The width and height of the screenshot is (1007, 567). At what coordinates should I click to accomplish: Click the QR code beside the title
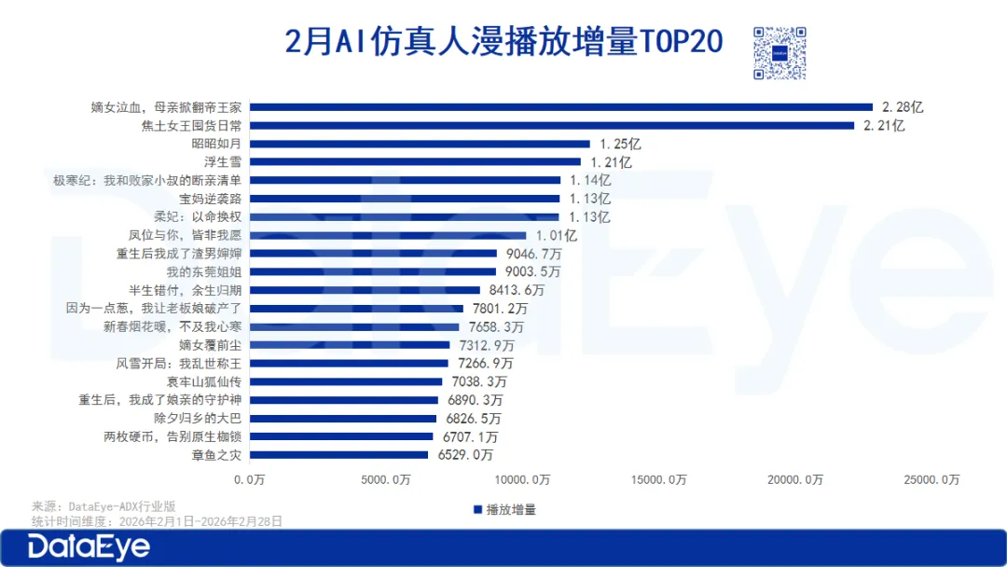click(x=779, y=53)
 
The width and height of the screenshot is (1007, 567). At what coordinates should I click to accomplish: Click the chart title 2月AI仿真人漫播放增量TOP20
click(x=504, y=42)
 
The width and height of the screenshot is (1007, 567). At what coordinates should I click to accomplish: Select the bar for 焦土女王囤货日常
click(x=551, y=125)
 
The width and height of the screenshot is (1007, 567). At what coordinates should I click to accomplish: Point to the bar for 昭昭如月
click(x=420, y=144)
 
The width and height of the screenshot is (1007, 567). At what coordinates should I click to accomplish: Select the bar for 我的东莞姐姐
click(x=373, y=271)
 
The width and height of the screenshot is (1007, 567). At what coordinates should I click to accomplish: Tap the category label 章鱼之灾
click(x=216, y=454)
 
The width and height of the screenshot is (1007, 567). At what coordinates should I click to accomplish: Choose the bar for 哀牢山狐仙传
click(x=346, y=381)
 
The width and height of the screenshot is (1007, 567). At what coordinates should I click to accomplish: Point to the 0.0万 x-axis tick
click(x=250, y=479)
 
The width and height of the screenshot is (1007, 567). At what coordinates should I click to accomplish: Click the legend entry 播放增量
click(x=504, y=509)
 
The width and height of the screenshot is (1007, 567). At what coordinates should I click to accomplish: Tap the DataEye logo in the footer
click(x=89, y=547)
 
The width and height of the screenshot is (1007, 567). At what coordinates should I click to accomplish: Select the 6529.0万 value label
click(x=464, y=454)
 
